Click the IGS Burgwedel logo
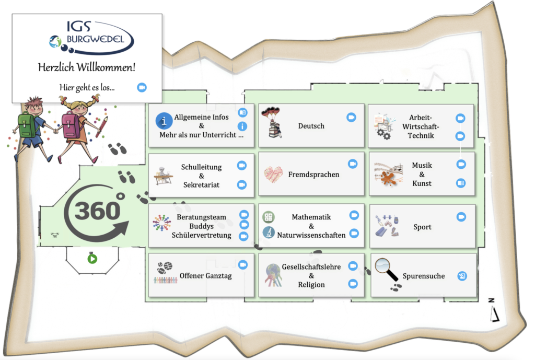pos(91,37)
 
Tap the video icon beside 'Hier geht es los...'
pos(142,87)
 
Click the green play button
pos(92,258)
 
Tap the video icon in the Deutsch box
pos(352,118)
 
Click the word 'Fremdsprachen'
pos(313,175)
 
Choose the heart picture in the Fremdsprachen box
pos(273,173)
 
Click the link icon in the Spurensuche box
pos(462,276)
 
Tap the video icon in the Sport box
pos(461,217)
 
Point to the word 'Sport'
pos(422,227)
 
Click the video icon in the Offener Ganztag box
pos(242,265)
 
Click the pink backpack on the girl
pos(71,125)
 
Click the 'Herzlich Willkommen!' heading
pos(87,67)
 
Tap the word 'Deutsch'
pos(311,126)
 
